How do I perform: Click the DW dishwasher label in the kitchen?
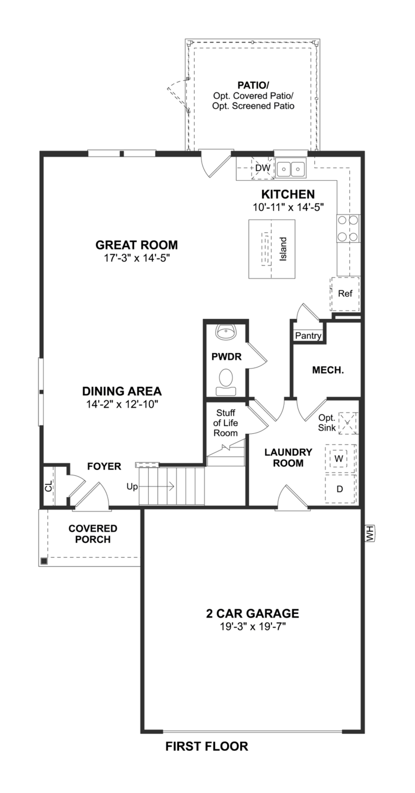263,169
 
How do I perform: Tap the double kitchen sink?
290,169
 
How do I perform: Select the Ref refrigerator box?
344,294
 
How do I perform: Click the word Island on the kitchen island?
283,250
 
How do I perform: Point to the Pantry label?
308,336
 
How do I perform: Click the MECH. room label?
328,370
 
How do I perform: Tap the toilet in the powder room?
226,379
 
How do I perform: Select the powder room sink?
226,332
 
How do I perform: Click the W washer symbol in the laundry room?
339,458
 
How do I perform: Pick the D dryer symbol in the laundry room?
340,489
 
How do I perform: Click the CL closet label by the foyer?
49,487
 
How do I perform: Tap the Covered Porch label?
92,534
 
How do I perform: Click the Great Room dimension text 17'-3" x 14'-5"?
137,258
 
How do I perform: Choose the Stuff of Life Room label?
226,423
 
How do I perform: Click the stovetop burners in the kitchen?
347,228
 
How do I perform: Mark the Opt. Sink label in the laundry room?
327,422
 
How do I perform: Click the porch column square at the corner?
44,561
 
